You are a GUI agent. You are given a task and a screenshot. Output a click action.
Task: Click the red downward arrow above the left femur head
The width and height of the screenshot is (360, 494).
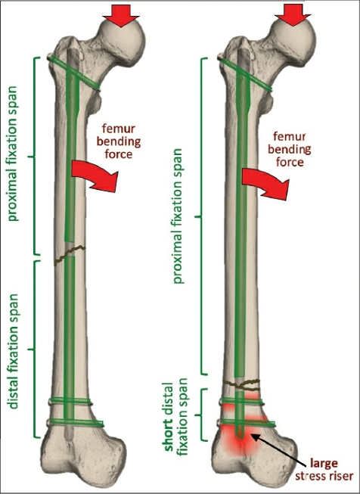120,16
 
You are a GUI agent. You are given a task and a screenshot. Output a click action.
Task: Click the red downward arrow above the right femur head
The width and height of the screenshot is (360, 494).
293,15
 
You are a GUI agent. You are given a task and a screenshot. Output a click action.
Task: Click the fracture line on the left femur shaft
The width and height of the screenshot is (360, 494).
70,254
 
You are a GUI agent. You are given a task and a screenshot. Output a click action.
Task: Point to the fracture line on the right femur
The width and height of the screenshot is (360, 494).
241,384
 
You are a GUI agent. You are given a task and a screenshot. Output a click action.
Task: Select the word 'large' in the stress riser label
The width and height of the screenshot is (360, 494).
324,463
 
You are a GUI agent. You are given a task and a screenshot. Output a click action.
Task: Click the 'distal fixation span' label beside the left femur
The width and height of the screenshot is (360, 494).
14,352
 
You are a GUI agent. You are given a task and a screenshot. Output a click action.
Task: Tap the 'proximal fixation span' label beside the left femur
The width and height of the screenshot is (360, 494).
13,154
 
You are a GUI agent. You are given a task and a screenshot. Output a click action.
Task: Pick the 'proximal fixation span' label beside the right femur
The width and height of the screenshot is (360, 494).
178,216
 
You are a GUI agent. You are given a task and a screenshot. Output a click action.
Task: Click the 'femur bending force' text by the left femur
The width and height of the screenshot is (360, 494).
119,141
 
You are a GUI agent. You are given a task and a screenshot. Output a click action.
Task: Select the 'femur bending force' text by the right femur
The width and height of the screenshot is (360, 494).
290,149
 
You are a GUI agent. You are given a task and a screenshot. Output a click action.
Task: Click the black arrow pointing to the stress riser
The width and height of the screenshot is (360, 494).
279,449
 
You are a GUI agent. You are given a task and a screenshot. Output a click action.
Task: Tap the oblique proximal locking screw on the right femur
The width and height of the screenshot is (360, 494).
245,75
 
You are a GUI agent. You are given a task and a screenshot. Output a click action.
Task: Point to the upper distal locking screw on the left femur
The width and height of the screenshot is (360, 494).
70,401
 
